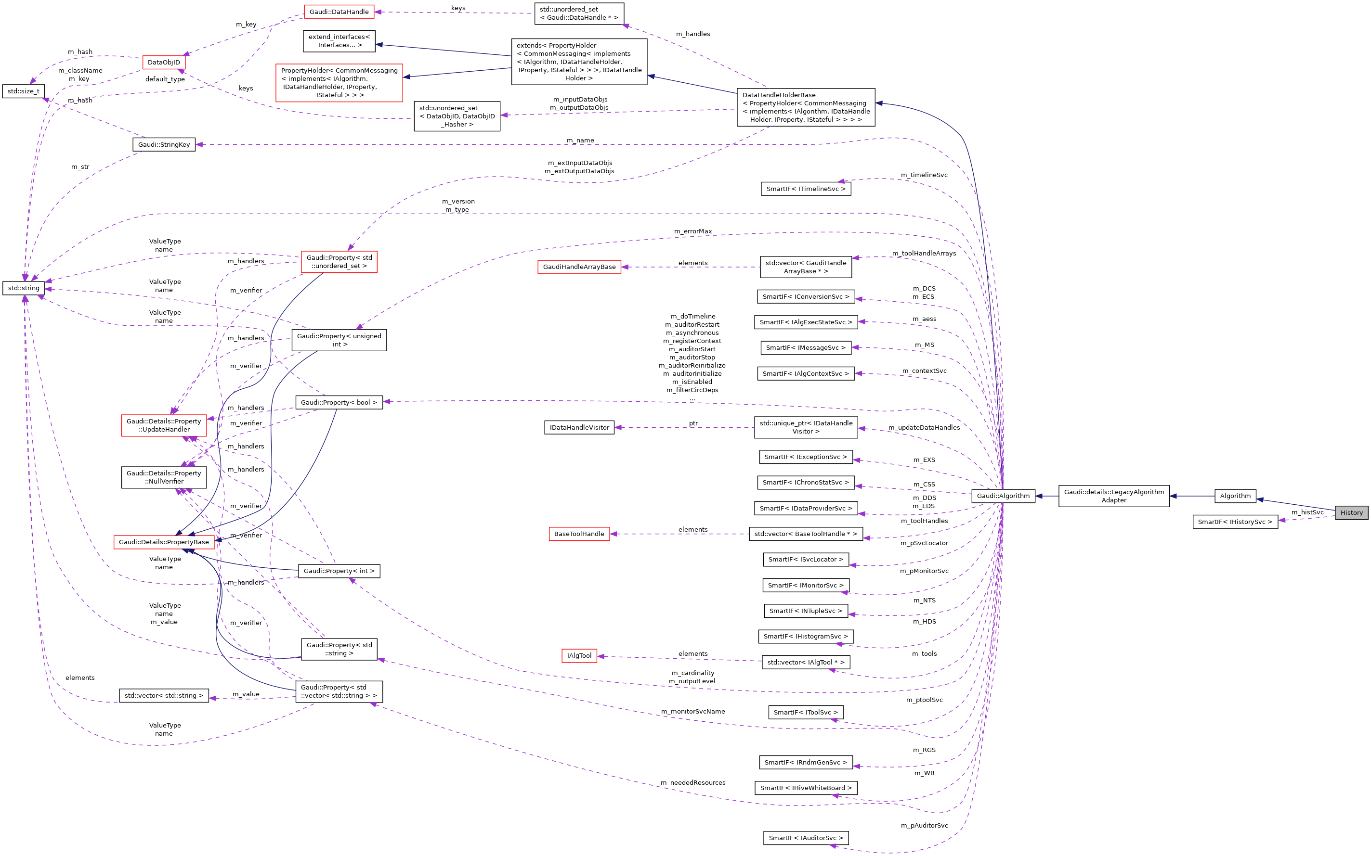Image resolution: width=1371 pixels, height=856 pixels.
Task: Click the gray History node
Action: [1351, 512]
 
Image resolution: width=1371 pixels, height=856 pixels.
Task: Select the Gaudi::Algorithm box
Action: [1003, 496]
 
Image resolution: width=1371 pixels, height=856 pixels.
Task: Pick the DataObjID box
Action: [164, 62]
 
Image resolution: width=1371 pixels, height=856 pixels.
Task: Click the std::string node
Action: [24, 288]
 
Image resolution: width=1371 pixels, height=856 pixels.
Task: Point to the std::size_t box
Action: [23, 91]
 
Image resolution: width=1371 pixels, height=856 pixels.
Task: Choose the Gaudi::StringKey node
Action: [164, 144]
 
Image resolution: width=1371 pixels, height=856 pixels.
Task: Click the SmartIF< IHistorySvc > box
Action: [1235, 522]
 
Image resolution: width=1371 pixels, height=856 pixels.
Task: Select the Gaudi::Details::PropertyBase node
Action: [164, 542]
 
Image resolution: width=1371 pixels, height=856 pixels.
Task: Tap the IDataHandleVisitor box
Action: [579, 427]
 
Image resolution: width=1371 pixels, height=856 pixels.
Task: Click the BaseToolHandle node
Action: [579, 534]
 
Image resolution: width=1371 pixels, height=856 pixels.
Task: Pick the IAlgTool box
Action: [579, 655]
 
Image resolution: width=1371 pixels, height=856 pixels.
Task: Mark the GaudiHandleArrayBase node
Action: [579, 267]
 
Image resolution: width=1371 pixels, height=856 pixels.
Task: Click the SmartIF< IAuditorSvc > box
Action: [806, 838]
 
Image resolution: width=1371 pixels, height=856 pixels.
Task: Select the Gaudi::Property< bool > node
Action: [339, 403]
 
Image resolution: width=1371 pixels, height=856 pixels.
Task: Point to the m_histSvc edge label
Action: [1307, 512]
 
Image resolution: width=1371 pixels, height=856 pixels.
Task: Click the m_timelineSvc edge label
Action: [924, 175]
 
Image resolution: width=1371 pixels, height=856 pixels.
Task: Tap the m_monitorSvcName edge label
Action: [693, 712]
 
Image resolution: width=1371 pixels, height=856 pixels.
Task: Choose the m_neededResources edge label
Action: [693, 782]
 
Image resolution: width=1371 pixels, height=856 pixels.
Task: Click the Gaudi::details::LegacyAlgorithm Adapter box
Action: [1113, 496]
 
